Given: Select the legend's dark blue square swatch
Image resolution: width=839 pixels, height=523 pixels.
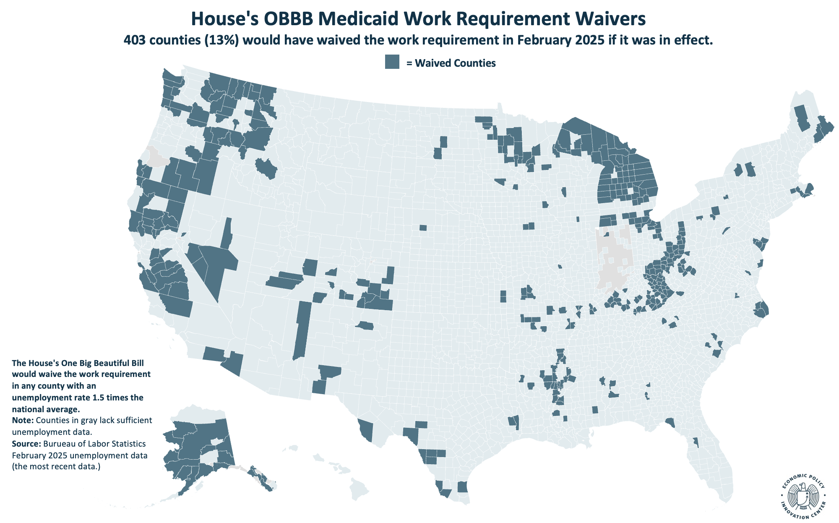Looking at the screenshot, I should [392, 62].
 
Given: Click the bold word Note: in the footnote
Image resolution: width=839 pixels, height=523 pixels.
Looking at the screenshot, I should [23, 421].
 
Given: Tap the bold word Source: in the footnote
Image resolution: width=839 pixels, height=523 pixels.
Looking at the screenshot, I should [26, 444].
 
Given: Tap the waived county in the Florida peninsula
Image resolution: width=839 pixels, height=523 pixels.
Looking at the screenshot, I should [695, 442].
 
